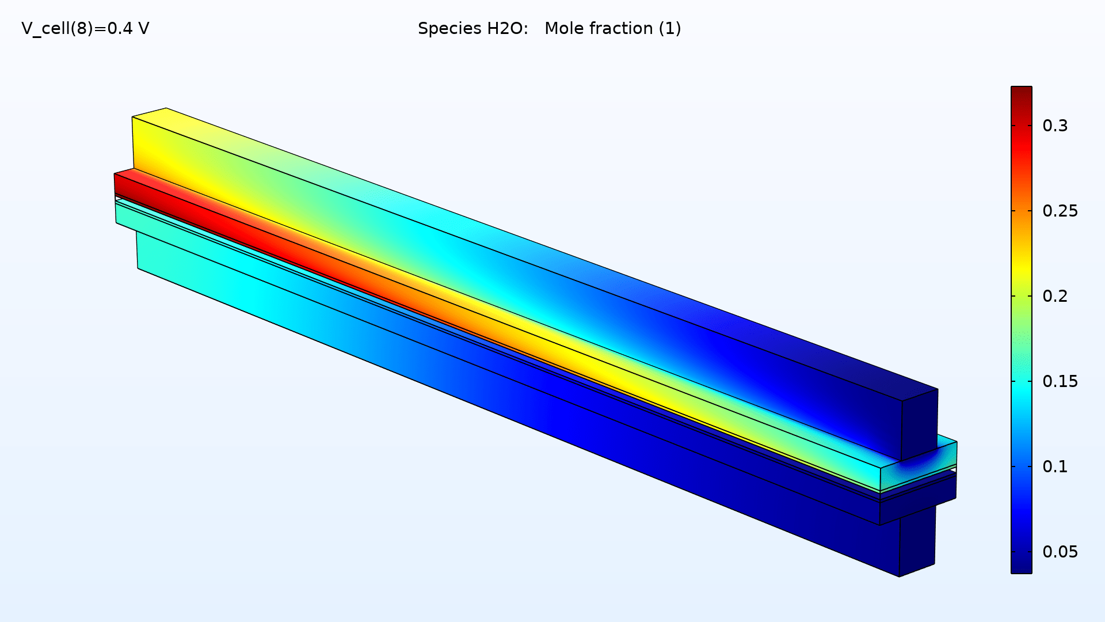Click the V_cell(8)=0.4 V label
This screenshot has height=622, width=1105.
tap(85, 28)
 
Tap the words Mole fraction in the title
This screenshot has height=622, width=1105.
tap(599, 28)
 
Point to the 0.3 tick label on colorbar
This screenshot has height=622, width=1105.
tap(1054, 126)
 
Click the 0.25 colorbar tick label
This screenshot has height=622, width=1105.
tap(1060, 211)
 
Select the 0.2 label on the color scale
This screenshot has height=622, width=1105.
tap(1054, 296)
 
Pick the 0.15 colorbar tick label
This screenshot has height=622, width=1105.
tap(1060, 381)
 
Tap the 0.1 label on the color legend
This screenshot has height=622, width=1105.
tap(1054, 466)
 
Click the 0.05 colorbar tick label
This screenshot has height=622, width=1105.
tap(1060, 552)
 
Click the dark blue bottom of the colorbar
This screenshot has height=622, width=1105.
tap(1021, 567)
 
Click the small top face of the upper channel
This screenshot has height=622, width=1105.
tap(149, 112)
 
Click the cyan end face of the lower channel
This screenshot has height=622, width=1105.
tap(126, 213)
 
